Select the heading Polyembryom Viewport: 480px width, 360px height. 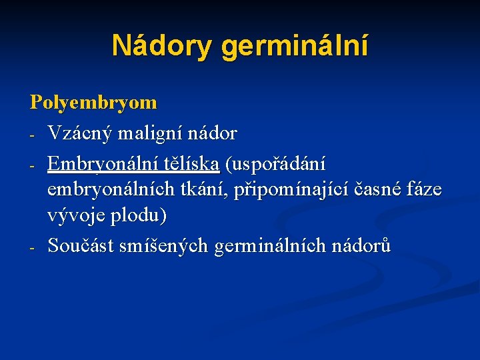[x=93, y=102]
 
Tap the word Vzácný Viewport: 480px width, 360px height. [x=79, y=134]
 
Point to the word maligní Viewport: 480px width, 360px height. [x=145, y=134]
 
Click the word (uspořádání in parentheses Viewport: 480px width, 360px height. [x=275, y=163]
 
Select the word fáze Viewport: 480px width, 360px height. [x=424, y=189]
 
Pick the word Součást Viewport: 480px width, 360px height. [x=79, y=245]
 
